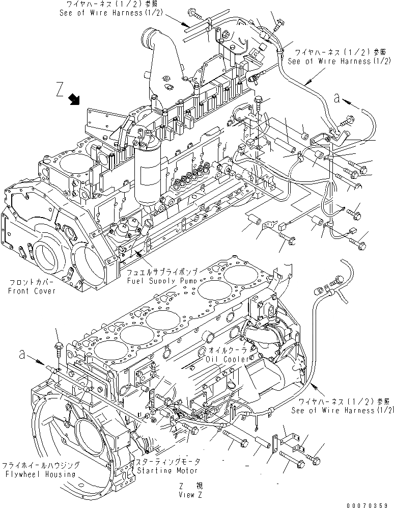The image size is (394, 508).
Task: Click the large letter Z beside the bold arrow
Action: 60,91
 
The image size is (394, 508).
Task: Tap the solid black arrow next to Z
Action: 75,100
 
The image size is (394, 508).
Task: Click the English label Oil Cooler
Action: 229,359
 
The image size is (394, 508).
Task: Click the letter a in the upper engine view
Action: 337,99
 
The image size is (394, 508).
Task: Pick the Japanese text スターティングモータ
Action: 167,461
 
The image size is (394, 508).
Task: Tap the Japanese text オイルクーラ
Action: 229,351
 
